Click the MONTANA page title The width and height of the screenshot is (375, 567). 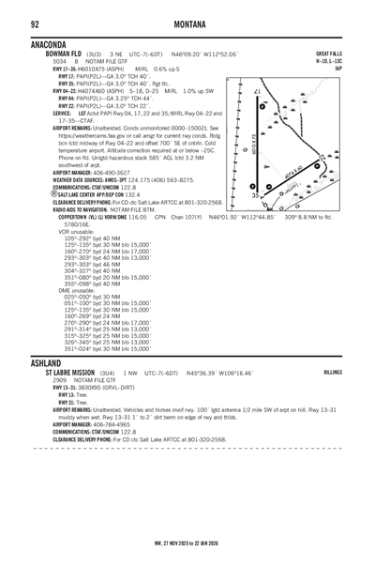[x=188, y=23]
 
